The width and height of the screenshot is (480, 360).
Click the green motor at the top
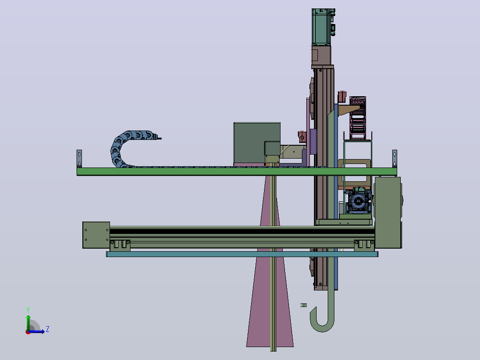(321, 27)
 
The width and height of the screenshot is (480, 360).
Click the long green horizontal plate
(236, 172)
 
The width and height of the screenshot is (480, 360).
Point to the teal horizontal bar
(242, 254)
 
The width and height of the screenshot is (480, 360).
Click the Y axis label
(28, 310)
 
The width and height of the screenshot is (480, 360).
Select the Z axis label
(48, 329)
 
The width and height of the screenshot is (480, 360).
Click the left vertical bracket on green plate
(79, 159)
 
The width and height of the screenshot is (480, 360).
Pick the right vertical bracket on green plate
(395, 159)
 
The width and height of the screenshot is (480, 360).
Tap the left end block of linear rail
(96, 235)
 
